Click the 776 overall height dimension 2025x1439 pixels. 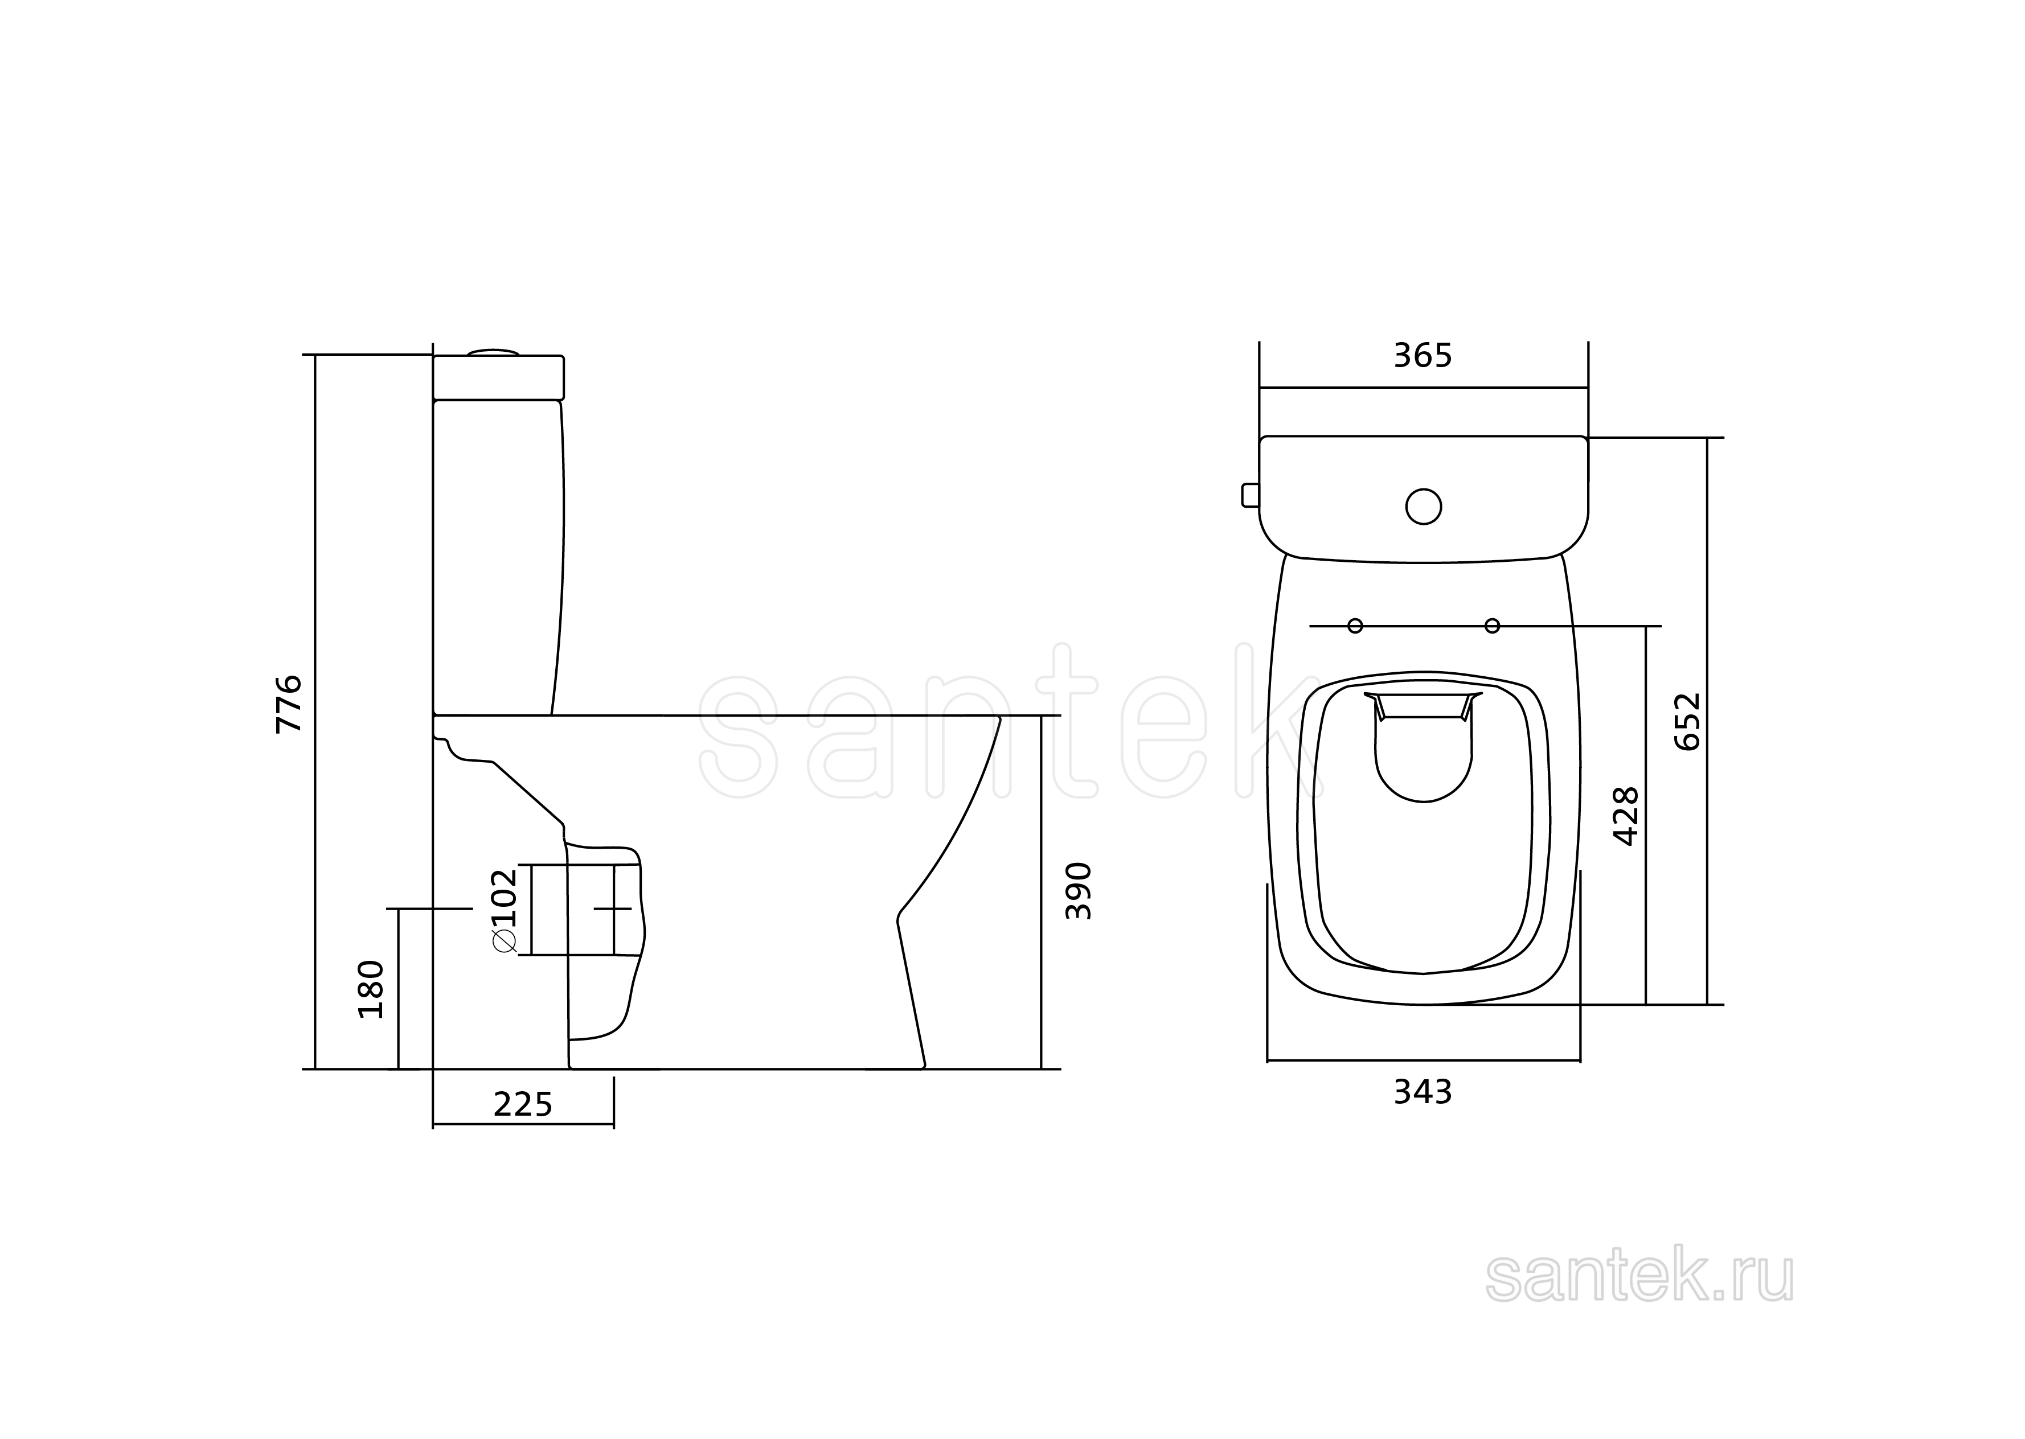[290, 704]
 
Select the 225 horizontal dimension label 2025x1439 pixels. [523, 1104]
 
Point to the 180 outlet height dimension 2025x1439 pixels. [371, 989]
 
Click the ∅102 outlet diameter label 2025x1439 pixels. [503, 911]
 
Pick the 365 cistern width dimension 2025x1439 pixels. [1423, 355]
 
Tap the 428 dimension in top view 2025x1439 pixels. [1626, 816]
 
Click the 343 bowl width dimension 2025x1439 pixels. [1423, 1092]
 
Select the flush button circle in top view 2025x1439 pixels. [1423, 506]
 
